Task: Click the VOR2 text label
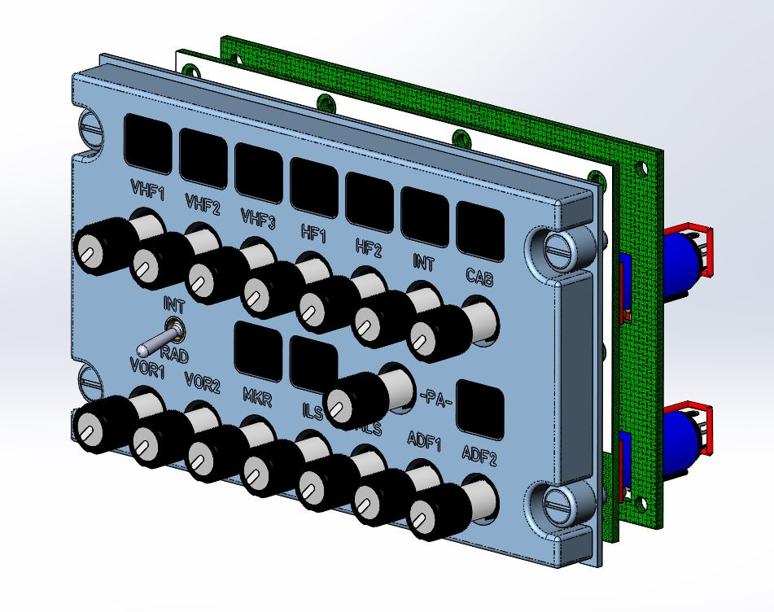click(202, 382)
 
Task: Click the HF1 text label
click(312, 234)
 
